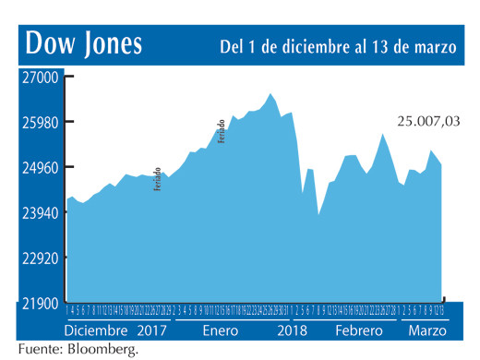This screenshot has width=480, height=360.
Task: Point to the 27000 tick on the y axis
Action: pos(39,78)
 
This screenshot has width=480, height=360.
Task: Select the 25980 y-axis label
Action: pos(39,123)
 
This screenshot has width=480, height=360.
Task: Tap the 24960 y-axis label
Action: pos(39,168)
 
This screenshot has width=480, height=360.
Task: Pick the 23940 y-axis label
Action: pos(39,213)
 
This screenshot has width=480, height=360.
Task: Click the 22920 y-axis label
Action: pos(39,258)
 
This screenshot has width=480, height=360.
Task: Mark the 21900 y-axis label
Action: pos(39,304)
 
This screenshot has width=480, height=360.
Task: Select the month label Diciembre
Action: pos(97,330)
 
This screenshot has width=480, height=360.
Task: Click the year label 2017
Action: pos(151,330)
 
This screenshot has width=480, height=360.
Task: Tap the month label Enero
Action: pos(220,330)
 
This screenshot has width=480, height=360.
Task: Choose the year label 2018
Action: pos(292,330)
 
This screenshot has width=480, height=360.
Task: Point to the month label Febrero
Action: pos(358,330)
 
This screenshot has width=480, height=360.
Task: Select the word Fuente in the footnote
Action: pos(37,349)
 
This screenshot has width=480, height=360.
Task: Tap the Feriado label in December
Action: pos(158,178)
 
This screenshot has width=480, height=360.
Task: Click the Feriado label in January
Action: pos(222,130)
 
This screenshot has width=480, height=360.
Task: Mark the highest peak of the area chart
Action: pos(270,93)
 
